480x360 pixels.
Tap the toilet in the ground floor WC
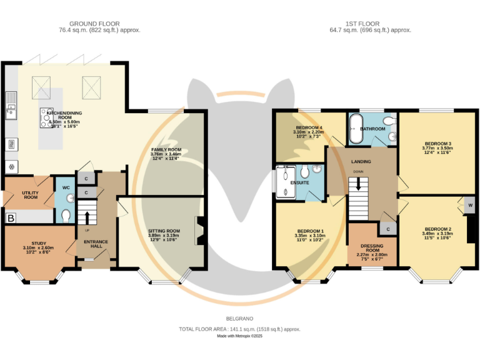[66, 215]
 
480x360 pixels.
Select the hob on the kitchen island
[47, 116]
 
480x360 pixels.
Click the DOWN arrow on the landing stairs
[358, 183]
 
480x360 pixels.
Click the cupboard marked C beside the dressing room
[388, 230]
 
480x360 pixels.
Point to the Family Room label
[166, 154]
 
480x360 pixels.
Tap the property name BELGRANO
[240, 318]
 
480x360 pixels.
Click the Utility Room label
[30, 195]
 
